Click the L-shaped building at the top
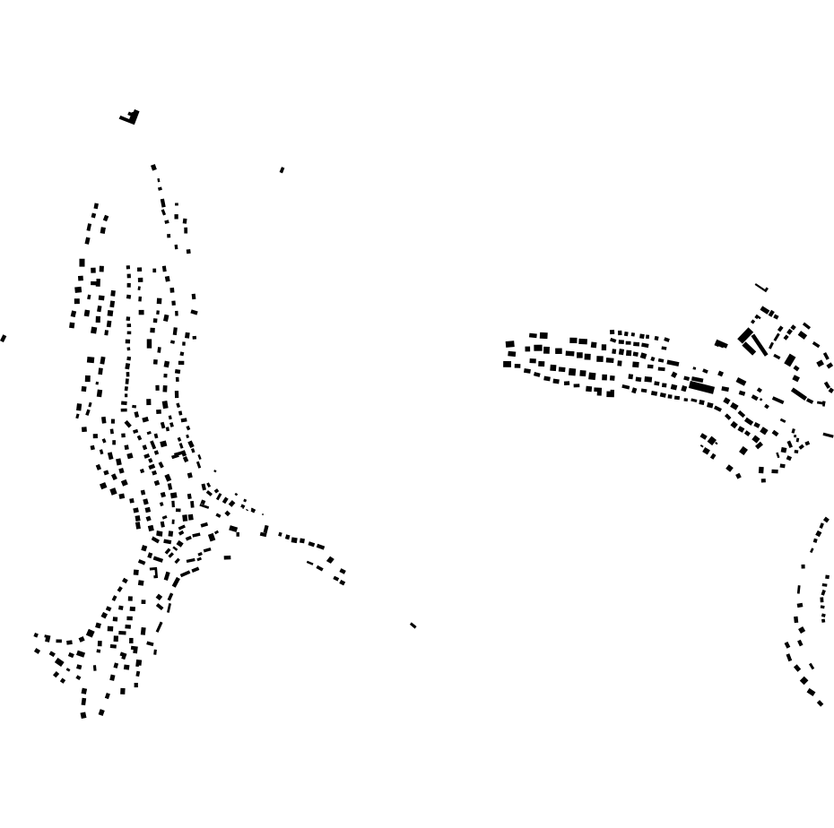(131, 117)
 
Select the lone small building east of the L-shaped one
(282, 169)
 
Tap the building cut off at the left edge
(3, 339)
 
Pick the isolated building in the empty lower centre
(413, 625)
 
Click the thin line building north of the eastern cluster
(761, 288)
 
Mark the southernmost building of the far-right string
(820, 703)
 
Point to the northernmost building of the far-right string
(826, 520)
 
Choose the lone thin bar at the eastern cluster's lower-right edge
(828, 436)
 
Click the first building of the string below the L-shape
(153, 167)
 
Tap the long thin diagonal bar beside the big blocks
(759, 344)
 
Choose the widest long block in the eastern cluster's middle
(701, 387)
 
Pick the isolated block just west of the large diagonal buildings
(721, 344)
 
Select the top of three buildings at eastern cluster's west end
(510, 344)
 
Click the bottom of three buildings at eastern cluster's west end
(508, 364)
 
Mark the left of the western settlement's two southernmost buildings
(83, 715)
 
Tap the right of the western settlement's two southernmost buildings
(101, 712)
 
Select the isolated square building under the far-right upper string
(803, 566)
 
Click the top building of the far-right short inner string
(827, 577)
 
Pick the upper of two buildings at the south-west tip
(36, 635)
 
